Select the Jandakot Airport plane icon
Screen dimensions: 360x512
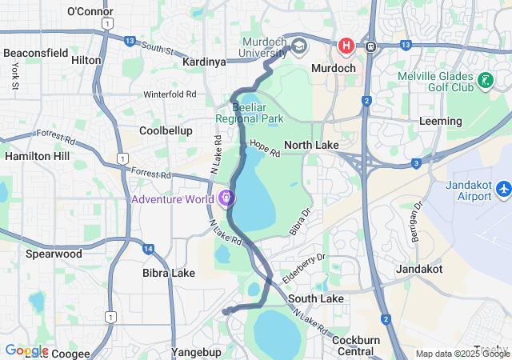(x=503, y=190)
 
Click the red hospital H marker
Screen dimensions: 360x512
(x=346, y=46)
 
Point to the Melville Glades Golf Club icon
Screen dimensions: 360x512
(x=485, y=80)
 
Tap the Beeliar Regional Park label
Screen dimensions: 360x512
(x=249, y=113)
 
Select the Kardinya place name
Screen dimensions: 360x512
(x=204, y=62)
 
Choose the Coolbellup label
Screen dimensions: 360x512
(x=166, y=130)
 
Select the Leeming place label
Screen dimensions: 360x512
(x=441, y=122)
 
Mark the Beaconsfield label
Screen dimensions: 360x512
(x=36, y=53)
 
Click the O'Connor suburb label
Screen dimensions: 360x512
(x=90, y=12)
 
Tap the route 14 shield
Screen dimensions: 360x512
(x=149, y=250)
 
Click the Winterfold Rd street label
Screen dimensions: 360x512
(x=170, y=94)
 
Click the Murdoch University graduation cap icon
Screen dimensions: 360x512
(x=299, y=45)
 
